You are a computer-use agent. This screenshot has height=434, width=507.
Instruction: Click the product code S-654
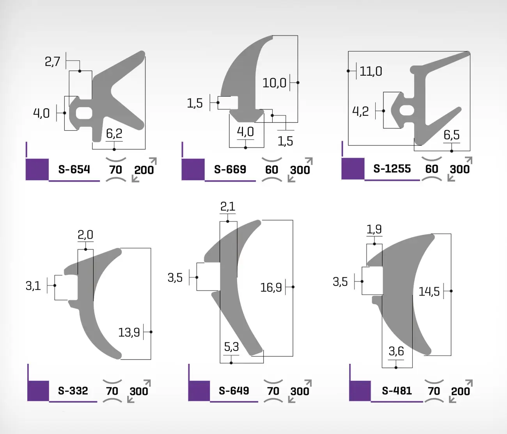pyautogui.click(x=74, y=170)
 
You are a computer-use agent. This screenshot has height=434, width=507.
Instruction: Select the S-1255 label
pyautogui.click(x=392, y=169)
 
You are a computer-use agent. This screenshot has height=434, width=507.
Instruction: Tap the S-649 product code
pyautogui.click(x=234, y=391)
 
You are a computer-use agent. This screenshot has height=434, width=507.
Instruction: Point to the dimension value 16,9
pyautogui.click(x=271, y=287)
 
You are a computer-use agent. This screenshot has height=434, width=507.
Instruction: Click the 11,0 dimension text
pyautogui.click(x=371, y=71)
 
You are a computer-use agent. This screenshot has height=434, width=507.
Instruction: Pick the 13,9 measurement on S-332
pyautogui.click(x=129, y=333)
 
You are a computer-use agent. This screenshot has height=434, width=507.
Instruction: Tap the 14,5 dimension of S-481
pyautogui.click(x=429, y=292)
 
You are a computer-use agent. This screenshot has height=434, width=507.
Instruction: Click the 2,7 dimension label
pyautogui.click(x=53, y=62)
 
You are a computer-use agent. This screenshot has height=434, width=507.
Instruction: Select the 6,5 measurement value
pyautogui.click(x=452, y=135)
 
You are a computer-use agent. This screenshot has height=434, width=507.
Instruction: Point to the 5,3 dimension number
pyautogui.click(x=231, y=347)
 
